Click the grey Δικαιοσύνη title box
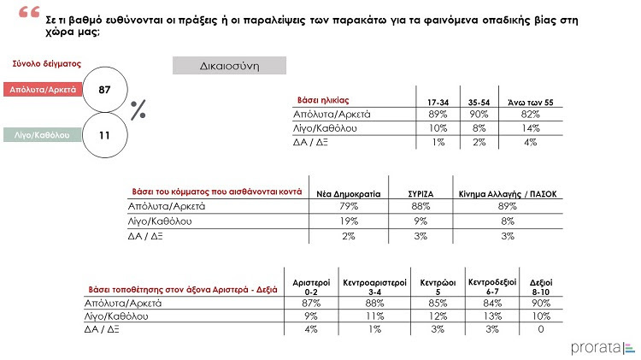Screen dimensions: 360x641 [x=229, y=66]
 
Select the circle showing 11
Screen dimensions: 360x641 [x=105, y=134]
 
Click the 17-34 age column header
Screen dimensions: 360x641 [x=438, y=103]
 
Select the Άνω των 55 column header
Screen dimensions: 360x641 [x=531, y=103]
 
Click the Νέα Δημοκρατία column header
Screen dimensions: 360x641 [x=344, y=193]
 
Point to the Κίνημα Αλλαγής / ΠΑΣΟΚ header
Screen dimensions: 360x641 [x=508, y=193]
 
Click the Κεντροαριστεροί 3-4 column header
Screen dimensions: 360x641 [x=371, y=286]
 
